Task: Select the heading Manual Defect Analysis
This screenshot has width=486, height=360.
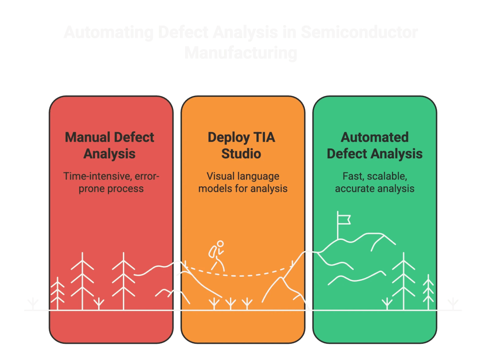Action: tap(110, 145)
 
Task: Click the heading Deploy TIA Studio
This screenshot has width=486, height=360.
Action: tap(241, 145)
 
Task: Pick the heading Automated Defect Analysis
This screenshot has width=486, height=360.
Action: tap(374, 145)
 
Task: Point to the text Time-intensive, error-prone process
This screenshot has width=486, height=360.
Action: tap(111, 182)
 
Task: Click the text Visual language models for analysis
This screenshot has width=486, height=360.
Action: tap(243, 182)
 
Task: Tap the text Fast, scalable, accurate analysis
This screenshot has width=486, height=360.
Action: tap(374, 182)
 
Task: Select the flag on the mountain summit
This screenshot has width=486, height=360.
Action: tap(344, 219)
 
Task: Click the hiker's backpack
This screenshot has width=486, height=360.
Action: tap(212, 252)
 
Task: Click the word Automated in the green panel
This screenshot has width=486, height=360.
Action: tap(374, 137)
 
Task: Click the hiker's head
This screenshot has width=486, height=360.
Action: tap(220, 244)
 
